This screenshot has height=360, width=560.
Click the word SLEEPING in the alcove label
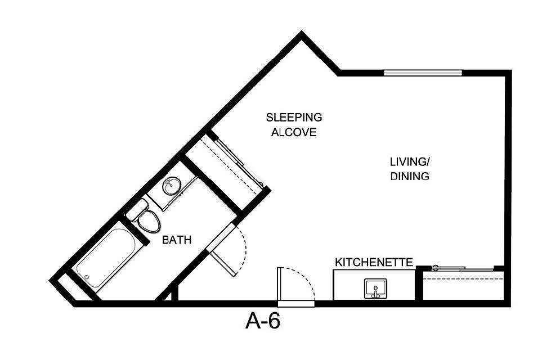[294, 118]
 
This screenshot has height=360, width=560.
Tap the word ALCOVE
[294, 133]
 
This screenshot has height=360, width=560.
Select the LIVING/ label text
[410, 161]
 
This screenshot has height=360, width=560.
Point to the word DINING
[410, 176]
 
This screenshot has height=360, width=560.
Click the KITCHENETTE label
[374, 262]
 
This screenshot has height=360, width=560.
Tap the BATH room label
[177, 240]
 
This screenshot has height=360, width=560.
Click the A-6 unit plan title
[263, 321]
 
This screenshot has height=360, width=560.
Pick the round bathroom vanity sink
[171, 185]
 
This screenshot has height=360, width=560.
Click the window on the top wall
[423, 72]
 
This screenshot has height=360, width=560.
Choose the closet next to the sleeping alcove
[225, 163]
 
